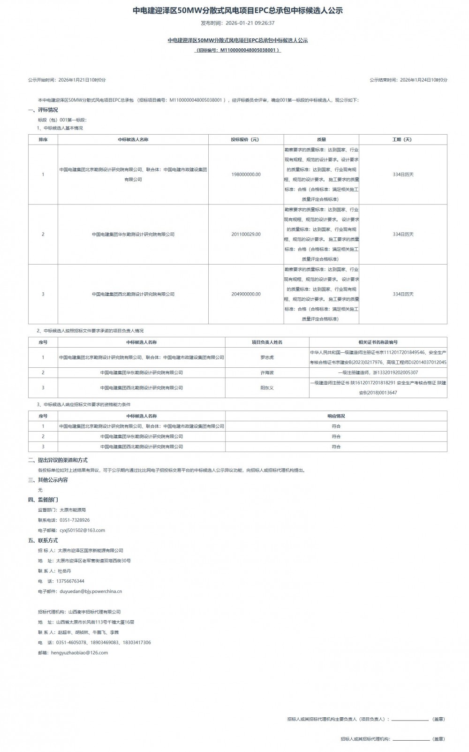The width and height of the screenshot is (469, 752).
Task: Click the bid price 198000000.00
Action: (x=246, y=175)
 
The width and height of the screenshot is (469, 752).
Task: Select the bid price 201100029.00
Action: (x=246, y=234)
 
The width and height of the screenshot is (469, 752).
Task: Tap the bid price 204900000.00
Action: (x=246, y=294)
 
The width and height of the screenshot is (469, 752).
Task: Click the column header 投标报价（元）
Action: (x=246, y=139)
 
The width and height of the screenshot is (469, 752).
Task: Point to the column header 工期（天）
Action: (x=403, y=139)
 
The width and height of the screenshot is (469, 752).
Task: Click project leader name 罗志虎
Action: (x=267, y=357)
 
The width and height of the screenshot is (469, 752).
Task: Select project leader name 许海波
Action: (x=267, y=372)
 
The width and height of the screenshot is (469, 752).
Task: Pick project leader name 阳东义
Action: (x=267, y=388)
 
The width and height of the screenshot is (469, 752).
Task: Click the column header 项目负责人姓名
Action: (x=267, y=342)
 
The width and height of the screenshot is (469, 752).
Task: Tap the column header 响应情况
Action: (x=336, y=416)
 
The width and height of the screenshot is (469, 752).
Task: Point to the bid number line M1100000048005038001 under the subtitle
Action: (x=238, y=50)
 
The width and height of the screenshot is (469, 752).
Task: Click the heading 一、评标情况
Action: (x=43, y=110)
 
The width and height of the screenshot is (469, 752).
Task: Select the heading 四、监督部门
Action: (x=43, y=500)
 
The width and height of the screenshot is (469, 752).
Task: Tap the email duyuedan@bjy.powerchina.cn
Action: (x=91, y=591)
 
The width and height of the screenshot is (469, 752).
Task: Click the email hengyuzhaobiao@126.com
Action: (x=79, y=653)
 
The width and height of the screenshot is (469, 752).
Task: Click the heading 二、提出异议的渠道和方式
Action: (x=58, y=460)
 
